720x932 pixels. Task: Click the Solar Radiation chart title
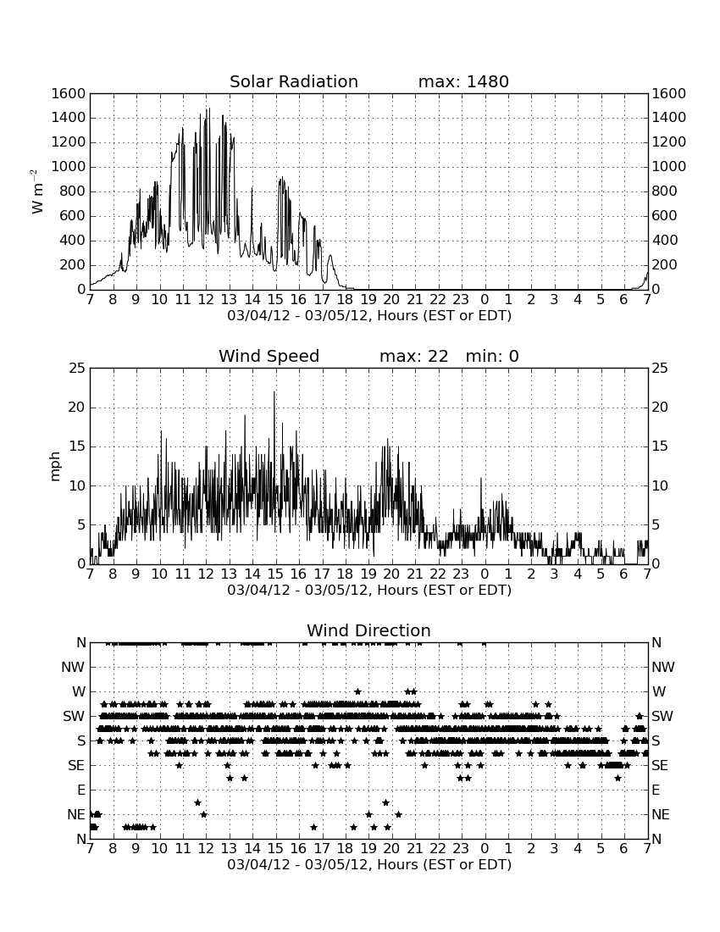pyautogui.click(x=294, y=81)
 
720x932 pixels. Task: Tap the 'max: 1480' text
pyautogui.click(x=463, y=81)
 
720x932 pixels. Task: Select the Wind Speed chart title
pyautogui.click(x=269, y=356)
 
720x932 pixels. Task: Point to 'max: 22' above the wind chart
pyautogui.click(x=414, y=356)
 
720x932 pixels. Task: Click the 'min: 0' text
pyautogui.click(x=492, y=356)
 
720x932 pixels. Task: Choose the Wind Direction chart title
pyautogui.click(x=368, y=630)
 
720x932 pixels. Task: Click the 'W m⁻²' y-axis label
pyautogui.click(x=36, y=191)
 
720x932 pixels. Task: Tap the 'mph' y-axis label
pyautogui.click(x=55, y=466)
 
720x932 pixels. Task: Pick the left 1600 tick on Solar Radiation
pyautogui.click(x=69, y=94)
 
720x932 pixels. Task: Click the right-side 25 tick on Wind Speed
pyautogui.click(x=660, y=369)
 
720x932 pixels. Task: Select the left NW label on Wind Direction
pyautogui.click(x=73, y=668)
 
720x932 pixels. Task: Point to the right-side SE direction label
pyautogui.click(x=660, y=766)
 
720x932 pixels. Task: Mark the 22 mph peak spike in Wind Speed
pyautogui.click(x=274, y=392)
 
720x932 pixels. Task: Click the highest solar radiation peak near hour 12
pyautogui.click(x=208, y=108)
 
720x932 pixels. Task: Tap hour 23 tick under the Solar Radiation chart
pyautogui.click(x=461, y=300)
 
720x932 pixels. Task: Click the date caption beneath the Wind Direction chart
pyautogui.click(x=369, y=864)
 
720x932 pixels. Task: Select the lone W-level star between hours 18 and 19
pyautogui.click(x=357, y=691)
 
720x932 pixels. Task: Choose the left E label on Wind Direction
pyautogui.click(x=81, y=790)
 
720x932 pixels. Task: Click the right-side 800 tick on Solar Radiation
pyautogui.click(x=665, y=191)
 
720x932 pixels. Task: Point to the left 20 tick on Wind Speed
pyautogui.click(x=78, y=408)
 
